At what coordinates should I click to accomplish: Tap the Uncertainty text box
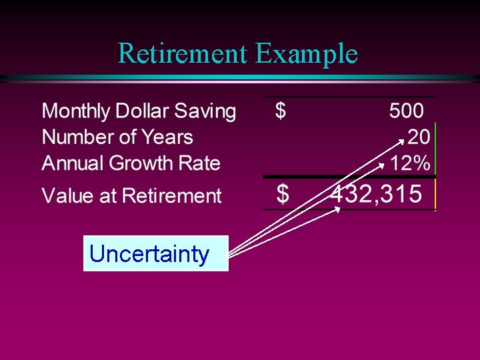[155, 253]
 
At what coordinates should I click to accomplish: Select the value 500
[407, 111]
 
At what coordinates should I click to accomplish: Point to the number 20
[418, 137]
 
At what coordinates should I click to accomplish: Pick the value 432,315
[377, 195]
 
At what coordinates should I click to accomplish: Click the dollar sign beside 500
[281, 111]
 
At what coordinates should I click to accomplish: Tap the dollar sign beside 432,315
[283, 195]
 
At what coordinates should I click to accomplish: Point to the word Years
[167, 137]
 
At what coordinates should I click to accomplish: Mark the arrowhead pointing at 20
[401, 141]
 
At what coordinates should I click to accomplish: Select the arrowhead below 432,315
[337, 210]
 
